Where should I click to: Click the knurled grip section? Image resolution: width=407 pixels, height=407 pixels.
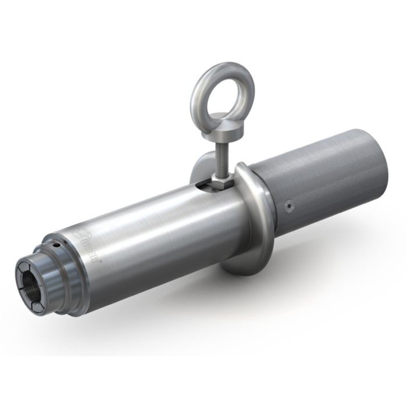pos(326,174)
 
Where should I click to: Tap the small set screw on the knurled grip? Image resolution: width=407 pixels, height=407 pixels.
pos(289,205)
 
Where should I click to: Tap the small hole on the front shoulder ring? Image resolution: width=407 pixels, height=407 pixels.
pos(54,247)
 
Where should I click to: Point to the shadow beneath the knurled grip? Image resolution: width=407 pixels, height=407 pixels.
pos(326,244)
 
